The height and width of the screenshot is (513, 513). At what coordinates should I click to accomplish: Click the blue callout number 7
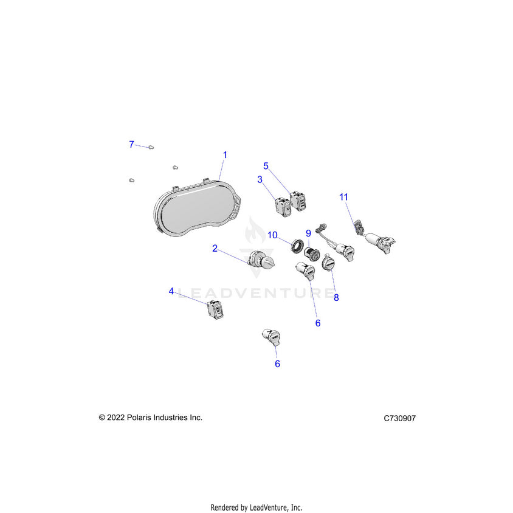(x=131, y=144)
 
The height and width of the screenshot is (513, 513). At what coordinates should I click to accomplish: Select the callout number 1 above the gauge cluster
(x=225, y=155)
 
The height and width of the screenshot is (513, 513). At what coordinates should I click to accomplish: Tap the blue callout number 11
(x=343, y=197)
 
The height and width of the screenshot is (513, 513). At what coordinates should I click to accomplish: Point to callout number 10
(x=272, y=235)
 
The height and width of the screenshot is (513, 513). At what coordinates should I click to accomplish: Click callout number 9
(x=308, y=233)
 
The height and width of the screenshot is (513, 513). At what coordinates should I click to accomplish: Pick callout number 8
(x=336, y=297)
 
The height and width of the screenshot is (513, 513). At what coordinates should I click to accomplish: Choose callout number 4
(x=171, y=291)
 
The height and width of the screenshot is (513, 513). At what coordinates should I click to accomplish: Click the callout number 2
(x=215, y=249)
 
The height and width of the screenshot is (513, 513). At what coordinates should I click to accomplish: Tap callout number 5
(x=266, y=166)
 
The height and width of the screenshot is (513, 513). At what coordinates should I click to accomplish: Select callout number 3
(x=260, y=179)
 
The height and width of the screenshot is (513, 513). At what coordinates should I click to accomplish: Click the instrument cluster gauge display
(x=198, y=208)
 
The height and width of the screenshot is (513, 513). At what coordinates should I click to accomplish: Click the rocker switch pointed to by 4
(x=216, y=309)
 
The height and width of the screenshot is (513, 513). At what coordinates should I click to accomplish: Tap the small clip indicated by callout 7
(x=151, y=147)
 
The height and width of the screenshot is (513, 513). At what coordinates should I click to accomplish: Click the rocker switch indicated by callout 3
(x=283, y=207)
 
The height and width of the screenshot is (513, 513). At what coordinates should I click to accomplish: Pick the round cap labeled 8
(x=328, y=263)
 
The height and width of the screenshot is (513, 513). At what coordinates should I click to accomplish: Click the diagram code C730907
(x=399, y=418)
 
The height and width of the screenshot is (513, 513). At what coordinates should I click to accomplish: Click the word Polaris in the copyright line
(x=139, y=418)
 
